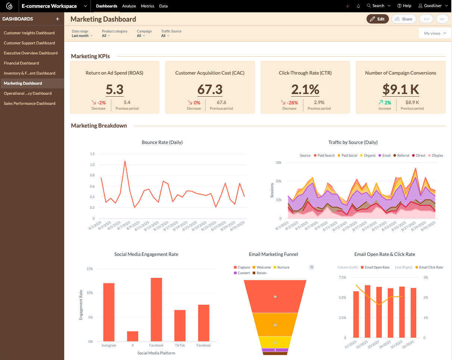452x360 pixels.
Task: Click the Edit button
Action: tap(377, 19)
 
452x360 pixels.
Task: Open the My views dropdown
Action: tap(435, 33)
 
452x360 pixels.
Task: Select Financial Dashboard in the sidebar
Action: tap(21, 63)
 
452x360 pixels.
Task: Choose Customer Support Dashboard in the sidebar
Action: tap(29, 43)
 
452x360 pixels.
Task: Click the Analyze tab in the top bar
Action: tap(129, 6)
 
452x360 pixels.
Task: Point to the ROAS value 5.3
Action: tap(115, 90)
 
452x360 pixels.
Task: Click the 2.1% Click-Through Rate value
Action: tap(305, 90)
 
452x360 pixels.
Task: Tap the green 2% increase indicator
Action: tap(385, 103)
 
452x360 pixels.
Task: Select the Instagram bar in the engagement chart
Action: tap(109, 312)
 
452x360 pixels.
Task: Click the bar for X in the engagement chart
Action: tap(133, 336)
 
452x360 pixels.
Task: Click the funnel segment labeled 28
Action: tap(275, 296)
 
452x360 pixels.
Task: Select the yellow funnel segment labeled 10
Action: tap(275, 342)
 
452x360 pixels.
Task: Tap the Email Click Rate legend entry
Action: tap(429, 267)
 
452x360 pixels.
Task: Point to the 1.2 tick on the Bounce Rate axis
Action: tap(92, 154)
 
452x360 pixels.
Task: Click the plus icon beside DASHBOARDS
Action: tap(57, 19)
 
